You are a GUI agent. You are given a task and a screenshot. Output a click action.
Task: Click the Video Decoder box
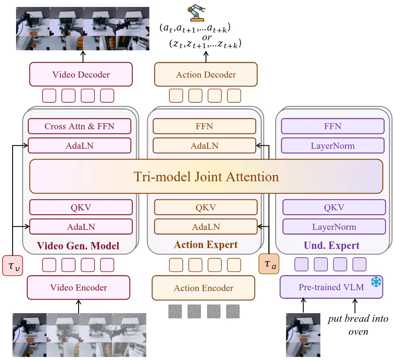(81, 74)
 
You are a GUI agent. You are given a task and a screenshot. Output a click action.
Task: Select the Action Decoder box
(206, 75)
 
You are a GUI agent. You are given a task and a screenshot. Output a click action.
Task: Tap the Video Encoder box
(79, 288)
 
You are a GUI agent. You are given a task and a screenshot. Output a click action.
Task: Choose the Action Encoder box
(203, 288)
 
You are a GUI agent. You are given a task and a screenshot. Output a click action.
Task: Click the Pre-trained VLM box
(331, 287)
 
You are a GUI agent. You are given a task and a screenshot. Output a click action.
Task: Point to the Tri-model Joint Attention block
(206, 177)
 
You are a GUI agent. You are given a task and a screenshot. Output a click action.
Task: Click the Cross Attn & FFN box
(79, 126)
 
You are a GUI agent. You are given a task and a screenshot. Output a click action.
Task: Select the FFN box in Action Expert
(204, 126)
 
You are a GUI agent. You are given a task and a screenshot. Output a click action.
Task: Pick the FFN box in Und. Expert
(332, 126)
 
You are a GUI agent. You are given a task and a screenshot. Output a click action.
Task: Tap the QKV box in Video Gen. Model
(81, 207)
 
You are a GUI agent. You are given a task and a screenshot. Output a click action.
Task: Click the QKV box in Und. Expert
(334, 207)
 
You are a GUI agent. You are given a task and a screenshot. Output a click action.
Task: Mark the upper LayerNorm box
(332, 146)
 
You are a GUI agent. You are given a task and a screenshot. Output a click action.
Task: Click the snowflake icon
(375, 282)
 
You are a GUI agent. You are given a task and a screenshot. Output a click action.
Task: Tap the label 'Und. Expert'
(332, 245)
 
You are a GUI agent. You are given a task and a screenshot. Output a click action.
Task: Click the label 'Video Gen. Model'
(78, 246)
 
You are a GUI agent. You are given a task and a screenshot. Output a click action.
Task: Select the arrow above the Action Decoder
(206, 56)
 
